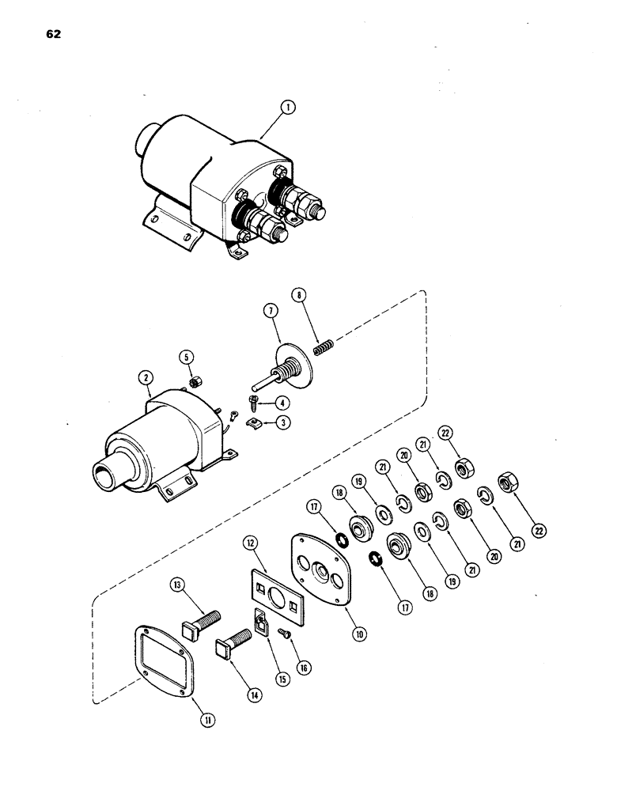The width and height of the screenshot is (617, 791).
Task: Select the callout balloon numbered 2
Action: coord(146,377)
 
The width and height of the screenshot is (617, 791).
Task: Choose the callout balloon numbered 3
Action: coord(285,422)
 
